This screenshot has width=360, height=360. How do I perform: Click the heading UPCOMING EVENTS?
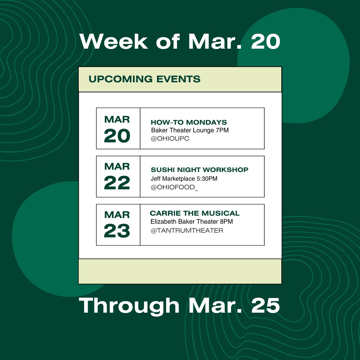[144, 79]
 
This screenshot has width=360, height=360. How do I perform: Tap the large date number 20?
[117, 136]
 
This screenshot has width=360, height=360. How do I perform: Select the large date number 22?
[117, 183]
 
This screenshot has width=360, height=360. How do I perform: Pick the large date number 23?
[117, 231]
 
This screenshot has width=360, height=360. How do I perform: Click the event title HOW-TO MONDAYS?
[189, 122]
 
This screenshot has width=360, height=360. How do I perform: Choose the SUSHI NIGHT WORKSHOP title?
[199, 170]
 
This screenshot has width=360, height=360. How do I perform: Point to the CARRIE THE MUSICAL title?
[195, 213]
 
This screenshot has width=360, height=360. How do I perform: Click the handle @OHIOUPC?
[170, 138]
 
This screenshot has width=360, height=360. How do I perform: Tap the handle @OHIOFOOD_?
[174, 187]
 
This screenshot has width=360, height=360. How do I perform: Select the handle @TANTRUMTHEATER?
[187, 230]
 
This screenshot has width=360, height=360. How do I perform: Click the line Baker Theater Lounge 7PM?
[190, 130]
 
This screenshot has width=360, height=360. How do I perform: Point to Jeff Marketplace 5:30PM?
[184, 179]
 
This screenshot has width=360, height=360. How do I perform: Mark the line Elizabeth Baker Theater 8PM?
[192, 222]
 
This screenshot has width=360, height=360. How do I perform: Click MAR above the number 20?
[117, 119]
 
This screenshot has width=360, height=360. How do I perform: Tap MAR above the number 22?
[117, 166]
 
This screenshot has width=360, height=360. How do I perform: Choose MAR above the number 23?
[117, 214]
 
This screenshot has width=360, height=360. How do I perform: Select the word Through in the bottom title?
[129, 306]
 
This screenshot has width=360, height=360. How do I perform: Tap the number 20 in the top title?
[265, 42]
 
